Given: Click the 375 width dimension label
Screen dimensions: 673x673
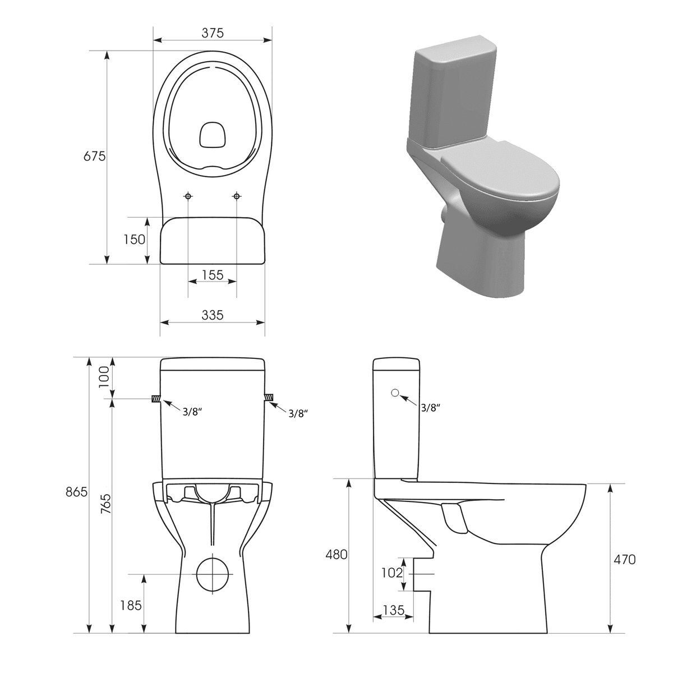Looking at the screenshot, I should pos(213,33).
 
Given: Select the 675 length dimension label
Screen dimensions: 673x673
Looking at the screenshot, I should pos(95,156).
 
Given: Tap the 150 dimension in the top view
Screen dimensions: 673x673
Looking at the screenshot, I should pos(135,239).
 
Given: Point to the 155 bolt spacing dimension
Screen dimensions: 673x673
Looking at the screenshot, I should pos(213,275).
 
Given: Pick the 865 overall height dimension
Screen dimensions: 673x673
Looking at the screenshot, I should pos(76,492).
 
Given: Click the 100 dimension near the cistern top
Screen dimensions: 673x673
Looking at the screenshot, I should pos(102,377).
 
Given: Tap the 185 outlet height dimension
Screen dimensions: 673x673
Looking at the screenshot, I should pos(131,606).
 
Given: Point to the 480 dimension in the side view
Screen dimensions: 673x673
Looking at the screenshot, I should pos(336,555).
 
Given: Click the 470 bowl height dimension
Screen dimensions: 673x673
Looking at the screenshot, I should pos(624,559).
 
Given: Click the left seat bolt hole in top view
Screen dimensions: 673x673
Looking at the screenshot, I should pos(188,196).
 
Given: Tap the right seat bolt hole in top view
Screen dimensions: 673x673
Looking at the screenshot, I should pos(237,196).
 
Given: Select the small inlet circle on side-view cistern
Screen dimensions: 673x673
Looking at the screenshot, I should pos(395,393).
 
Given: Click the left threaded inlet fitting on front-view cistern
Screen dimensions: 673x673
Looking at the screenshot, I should pos(155,399).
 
